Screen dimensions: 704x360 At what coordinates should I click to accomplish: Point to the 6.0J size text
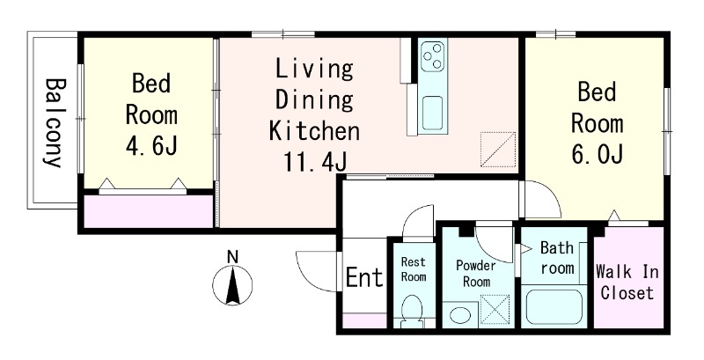coord(598,154)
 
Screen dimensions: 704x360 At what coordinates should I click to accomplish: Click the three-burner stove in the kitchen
coord(433,55)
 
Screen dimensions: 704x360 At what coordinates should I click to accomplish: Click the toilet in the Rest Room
coord(412,312)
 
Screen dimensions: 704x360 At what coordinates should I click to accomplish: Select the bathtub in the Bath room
coord(554,307)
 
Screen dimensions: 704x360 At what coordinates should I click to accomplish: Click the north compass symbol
coord(232,285)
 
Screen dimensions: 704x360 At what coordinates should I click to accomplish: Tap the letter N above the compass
coord(232,257)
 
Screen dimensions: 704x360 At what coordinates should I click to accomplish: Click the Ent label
coord(364,277)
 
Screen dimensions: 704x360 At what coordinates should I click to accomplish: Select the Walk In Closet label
coord(627,283)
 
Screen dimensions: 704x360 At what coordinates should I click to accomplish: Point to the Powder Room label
coord(476,274)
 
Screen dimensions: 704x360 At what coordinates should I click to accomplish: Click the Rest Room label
coord(413,268)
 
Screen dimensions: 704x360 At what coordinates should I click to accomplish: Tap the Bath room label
coord(557,258)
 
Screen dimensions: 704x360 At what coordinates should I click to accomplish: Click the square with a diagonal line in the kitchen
coord(498,150)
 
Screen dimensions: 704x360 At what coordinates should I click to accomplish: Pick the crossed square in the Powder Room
coord(495,309)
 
